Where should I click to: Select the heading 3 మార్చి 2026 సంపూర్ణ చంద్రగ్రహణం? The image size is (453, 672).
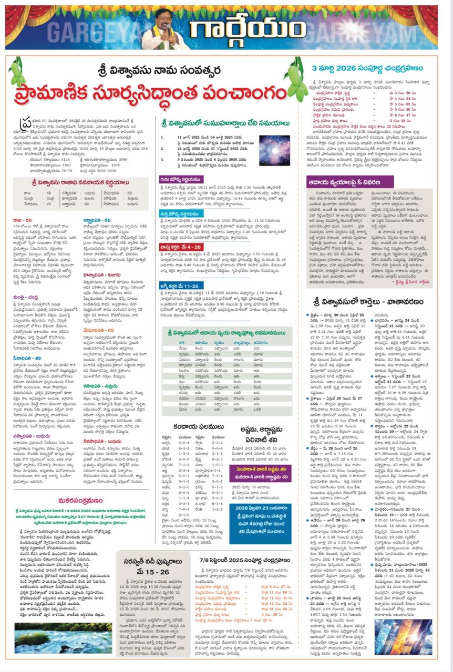[375, 68]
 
